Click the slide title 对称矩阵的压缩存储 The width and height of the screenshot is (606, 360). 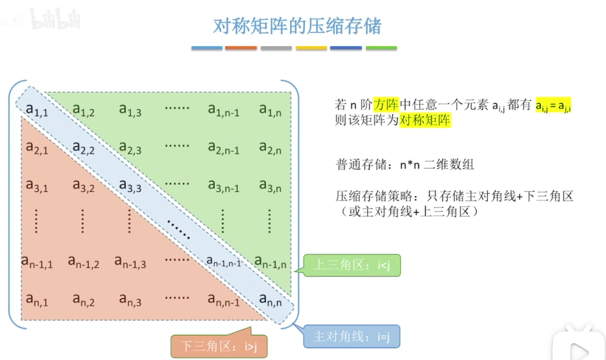[297, 26]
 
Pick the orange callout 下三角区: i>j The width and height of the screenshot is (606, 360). [219, 346]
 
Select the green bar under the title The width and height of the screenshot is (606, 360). [381, 48]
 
